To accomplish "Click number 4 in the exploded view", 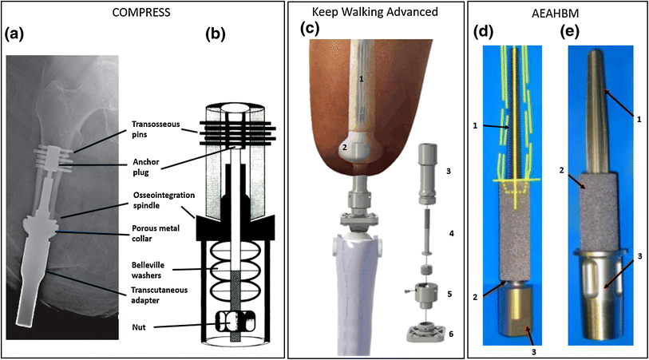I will click(453, 234).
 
